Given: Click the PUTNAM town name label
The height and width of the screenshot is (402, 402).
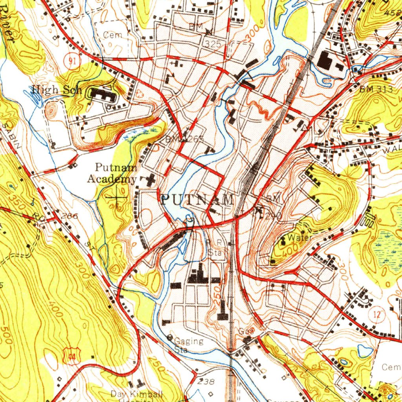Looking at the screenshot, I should click(x=197, y=199).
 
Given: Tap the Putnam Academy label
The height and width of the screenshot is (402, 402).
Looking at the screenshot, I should click(x=111, y=174).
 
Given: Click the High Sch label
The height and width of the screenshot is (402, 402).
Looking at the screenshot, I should click(x=57, y=90).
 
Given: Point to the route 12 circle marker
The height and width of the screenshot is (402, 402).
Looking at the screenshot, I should click(x=378, y=314).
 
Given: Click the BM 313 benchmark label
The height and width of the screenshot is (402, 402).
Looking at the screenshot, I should click(x=376, y=90).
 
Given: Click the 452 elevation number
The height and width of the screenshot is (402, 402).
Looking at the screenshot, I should click(x=394, y=12).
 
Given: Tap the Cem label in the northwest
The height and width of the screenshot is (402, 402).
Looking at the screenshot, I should click(x=112, y=35).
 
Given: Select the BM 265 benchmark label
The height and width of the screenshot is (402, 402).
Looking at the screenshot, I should click(x=185, y=139).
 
